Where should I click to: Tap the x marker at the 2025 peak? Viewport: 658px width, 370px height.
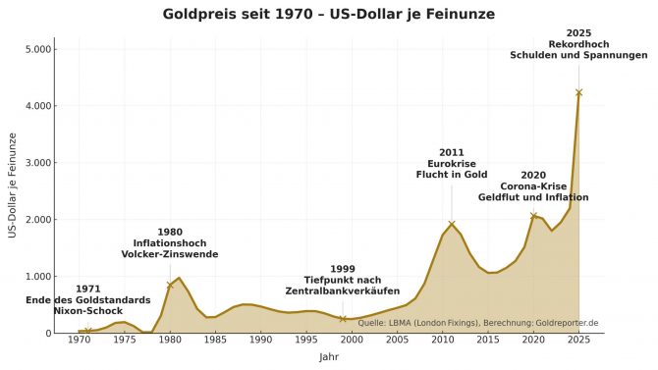tap(578, 92)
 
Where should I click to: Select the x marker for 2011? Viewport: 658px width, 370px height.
tap(452, 224)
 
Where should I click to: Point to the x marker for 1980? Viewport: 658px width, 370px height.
tap(170, 285)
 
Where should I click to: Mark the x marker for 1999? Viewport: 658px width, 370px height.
tap(343, 319)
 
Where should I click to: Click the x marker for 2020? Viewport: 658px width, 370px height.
tap(533, 215)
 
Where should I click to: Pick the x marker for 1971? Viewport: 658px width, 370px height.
tap(87, 331)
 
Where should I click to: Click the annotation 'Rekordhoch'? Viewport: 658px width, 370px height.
tap(578, 44)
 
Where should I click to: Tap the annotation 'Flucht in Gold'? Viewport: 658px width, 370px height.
tap(452, 175)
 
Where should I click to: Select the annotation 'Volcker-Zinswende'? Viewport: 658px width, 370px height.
tap(170, 255)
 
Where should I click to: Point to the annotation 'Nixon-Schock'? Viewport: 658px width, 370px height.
tap(87, 310)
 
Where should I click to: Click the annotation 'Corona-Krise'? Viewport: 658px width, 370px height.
tap(533, 186)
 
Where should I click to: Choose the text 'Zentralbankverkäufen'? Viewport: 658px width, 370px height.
tap(343, 291)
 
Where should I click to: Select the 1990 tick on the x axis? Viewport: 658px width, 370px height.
tap(260, 341)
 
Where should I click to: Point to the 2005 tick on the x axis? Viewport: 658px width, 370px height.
tap(397, 341)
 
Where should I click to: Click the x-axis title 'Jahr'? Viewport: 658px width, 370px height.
tap(329, 357)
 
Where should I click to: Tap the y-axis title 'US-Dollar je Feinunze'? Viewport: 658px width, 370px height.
tap(13, 185)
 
